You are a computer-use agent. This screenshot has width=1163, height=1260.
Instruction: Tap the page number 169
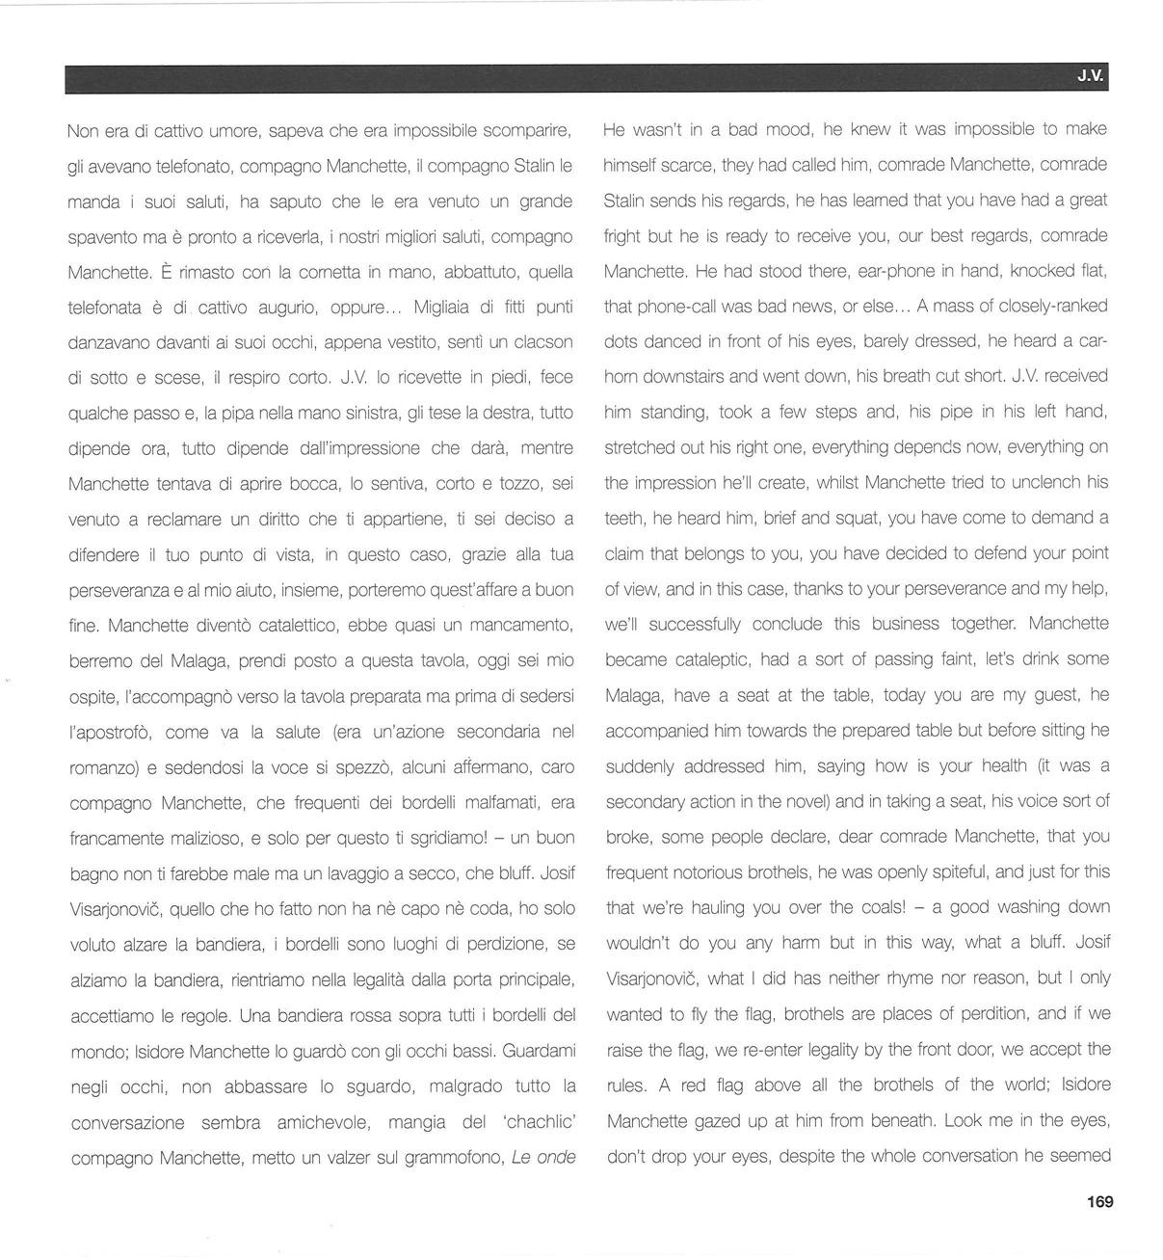[1099, 1201]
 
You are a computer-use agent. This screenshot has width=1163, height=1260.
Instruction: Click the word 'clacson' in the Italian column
[544, 342]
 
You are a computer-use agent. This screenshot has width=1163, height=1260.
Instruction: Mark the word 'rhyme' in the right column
[872, 978]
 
